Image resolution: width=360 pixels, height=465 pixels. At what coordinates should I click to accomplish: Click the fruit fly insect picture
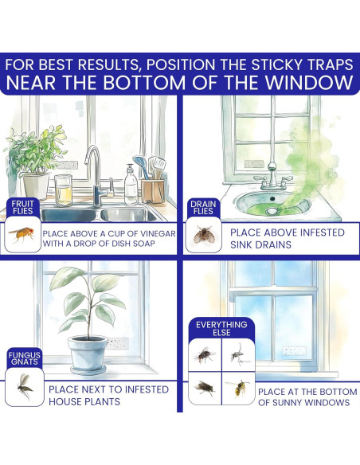coord(22,234)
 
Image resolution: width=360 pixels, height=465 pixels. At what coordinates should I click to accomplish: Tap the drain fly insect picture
coord(203,234)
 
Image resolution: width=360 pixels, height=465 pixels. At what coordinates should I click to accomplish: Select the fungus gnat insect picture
coord(25,386)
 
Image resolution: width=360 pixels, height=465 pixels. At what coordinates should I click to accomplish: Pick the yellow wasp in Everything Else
coord(238,388)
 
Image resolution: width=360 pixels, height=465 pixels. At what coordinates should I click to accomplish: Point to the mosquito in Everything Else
coord(239,354)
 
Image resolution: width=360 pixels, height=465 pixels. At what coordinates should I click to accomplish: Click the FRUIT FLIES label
coord(22,207)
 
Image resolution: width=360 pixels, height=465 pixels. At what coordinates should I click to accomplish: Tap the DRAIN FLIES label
coord(203,208)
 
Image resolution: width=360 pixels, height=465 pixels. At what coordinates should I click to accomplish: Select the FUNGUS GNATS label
coord(25,358)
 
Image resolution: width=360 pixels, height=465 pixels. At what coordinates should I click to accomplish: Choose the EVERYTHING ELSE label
coord(221,329)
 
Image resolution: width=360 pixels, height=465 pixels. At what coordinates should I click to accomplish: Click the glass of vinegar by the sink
coord(64,190)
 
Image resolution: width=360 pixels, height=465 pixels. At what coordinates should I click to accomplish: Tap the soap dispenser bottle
coord(131,185)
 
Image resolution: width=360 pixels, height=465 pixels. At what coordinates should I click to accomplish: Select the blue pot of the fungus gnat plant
coord(88,354)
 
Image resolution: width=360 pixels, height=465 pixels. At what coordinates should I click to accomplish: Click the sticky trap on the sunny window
coord(294,351)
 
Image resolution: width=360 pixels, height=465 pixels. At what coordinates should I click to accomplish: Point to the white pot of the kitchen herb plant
coord(36,186)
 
